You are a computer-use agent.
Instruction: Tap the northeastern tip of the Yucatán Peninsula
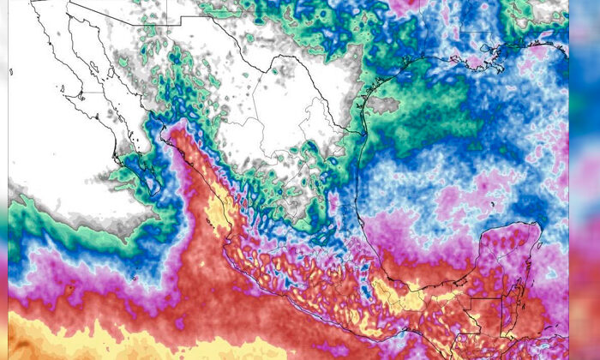pyautogui.click(x=539, y=225)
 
